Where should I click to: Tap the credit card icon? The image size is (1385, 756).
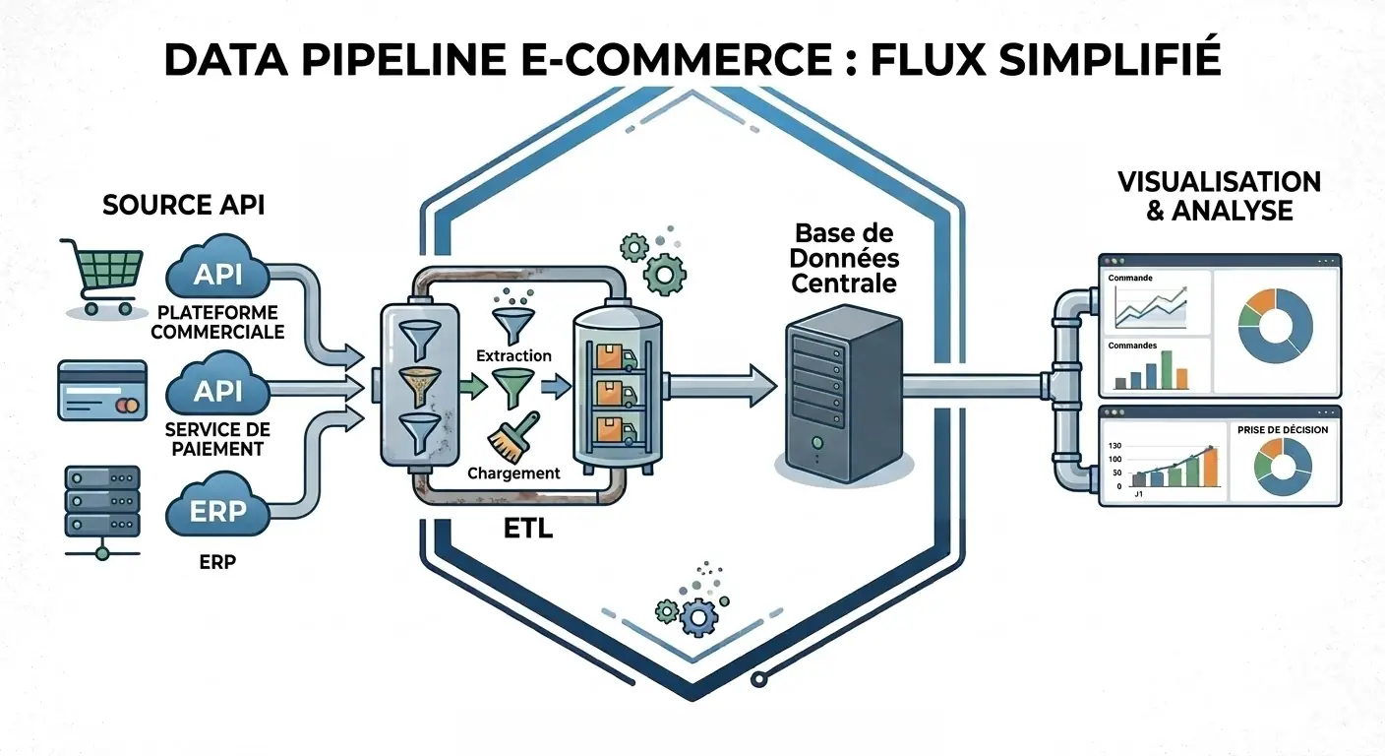pyautogui.click(x=101, y=389)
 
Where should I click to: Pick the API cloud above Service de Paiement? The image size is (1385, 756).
pyautogui.click(x=217, y=391)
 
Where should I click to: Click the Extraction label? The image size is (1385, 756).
pyautogui.click(x=512, y=355)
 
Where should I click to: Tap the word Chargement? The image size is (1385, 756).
pyautogui.click(x=513, y=473)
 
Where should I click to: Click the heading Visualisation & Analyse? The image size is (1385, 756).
pyautogui.click(x=1219, y=196)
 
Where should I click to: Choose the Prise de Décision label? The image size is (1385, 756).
pyautogui.click(x=1278, y=430)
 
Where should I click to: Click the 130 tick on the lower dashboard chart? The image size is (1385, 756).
pyautogui.click(x=1114, y=446)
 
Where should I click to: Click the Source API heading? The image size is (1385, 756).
pyautogui.click(x=183, y=206)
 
